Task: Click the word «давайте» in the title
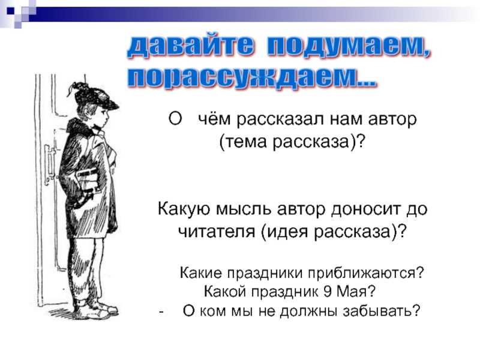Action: pyautogui.click(x=190, y=47)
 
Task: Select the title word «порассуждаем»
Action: pyautogui.click(x=244, y=78)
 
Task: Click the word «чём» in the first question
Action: pyautogui.click(x=214, y=119)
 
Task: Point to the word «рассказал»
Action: pyautogui.click(x=280, y=119)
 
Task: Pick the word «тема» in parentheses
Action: pyautogui.click(x=247, y=142)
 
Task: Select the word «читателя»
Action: pyautogui.click(x=217, y=232)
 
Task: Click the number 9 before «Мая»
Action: pyautogui.click(x=328, y=291)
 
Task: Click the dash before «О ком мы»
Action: pyautogui.click(x=161, y=312)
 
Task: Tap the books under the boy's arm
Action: pyautogui.click(x=88, y=183)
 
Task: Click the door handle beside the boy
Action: pyautogui.click(x=50, y=166)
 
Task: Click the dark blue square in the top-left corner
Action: pyautogui.click(x=11, y=11)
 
